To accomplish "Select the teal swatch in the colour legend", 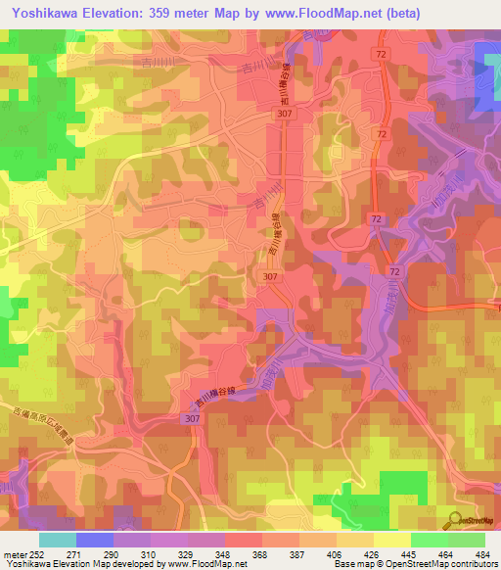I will point(58,540).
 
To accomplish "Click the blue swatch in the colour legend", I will point(96,540).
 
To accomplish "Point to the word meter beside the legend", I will point(14,554).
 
